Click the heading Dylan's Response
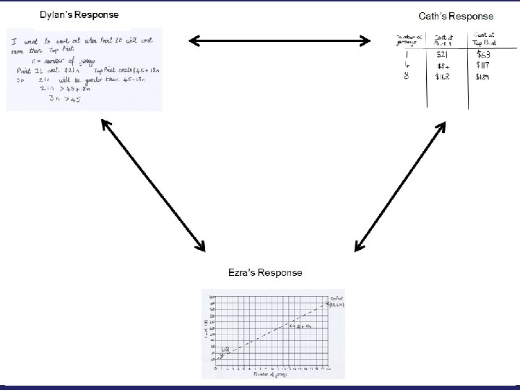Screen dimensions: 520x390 tap(79, 14)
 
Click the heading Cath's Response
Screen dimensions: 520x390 tap(456, 15)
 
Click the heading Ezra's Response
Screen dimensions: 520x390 tap(265, 272)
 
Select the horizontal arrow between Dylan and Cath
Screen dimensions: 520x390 tap(279, 40)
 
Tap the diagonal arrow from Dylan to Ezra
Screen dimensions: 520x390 tap(152, 187)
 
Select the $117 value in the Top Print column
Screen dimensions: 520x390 tap(482, 65)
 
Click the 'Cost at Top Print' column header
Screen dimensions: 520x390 tap(485, 38)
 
